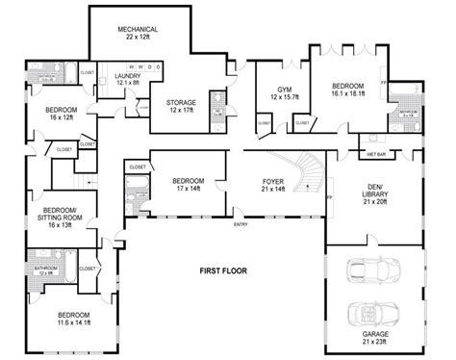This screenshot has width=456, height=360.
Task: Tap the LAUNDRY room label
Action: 127,79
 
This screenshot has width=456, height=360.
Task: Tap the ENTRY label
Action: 240,224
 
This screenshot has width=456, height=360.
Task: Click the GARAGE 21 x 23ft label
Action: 375,337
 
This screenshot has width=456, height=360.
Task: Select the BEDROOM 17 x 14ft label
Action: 188,184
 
